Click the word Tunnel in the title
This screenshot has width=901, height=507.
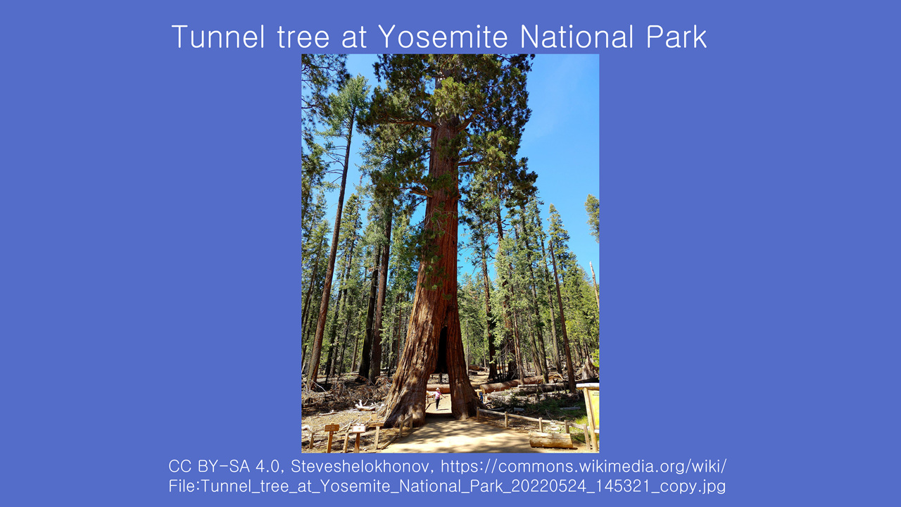218,37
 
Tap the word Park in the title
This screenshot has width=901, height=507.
676,37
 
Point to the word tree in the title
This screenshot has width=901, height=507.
303,38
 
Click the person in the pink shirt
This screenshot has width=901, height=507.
438,398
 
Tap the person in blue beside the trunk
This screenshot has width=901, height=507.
481,396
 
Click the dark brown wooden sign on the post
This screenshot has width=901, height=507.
332,427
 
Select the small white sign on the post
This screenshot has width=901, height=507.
358,429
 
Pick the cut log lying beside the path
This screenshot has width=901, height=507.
550,440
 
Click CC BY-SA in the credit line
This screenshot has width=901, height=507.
208,466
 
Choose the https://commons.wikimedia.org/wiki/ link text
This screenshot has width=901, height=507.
584,467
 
